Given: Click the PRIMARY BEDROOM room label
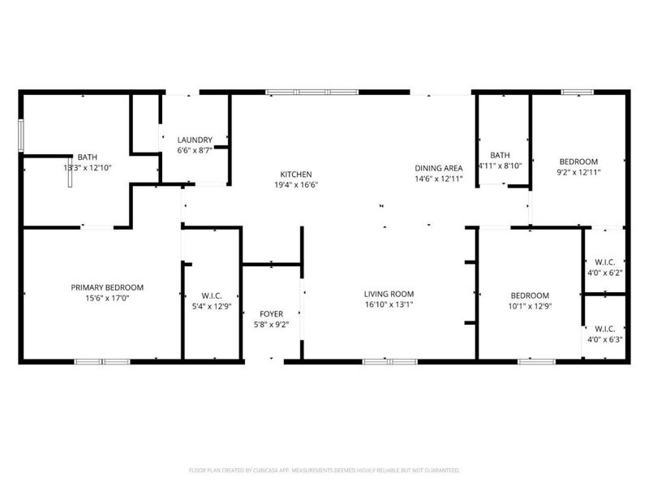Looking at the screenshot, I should [107, 287].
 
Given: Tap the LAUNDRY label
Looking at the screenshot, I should [195, 140].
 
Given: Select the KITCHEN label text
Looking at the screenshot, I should [295, 175].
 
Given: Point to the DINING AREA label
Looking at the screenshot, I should [438, 167].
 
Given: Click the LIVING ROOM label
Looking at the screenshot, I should [389, 294].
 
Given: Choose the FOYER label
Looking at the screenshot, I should [271, 313].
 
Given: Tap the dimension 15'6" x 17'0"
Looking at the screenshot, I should [107, 299].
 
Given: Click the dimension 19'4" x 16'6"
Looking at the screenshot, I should [295, 185].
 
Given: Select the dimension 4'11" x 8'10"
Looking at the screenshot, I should [500, 166].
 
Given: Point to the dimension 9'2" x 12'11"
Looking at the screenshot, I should [578, 172].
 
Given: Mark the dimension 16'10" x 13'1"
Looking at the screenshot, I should [389, 305].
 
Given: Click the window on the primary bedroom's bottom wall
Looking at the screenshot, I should [102, 360].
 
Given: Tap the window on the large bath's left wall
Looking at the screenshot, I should [21, 135].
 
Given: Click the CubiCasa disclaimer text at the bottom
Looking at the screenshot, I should [324, 470].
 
